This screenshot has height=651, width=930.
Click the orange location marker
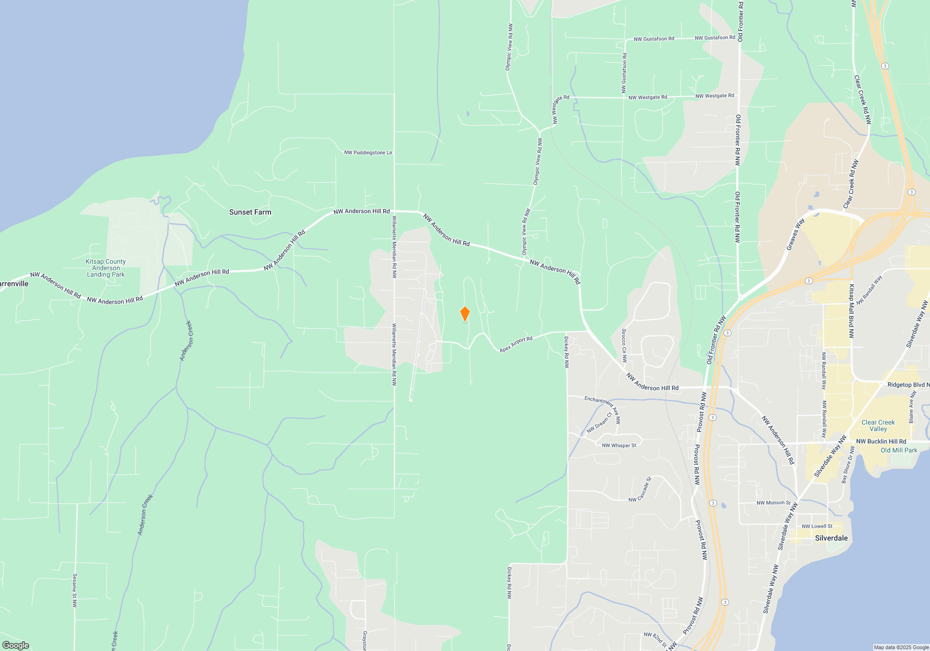tap(465, 314)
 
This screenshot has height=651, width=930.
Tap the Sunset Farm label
tap(250, 212)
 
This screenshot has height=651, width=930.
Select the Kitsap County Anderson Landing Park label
tap(106, 268)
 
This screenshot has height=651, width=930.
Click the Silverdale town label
tap(831, 538)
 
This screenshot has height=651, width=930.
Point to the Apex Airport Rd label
tap(516, 345)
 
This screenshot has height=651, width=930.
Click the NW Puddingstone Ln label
tap(368, 153)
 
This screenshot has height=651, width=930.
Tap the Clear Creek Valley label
tap(878, 425)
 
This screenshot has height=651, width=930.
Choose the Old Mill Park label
tap(899, 450)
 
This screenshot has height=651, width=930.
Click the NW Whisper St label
tap(619, 445)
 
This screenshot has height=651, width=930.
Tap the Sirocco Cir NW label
tap(624, 345)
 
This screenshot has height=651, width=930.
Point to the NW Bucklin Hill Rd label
tap(881, 441)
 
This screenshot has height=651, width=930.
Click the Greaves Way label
tap(795, 234)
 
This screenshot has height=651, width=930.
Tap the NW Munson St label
tap(773, 503)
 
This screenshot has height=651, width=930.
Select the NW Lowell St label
tap(817, 526)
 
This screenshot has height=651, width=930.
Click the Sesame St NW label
tap(74, 590)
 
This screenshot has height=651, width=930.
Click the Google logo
tap(16, 645)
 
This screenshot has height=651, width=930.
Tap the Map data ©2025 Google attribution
tap(901, 647)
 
